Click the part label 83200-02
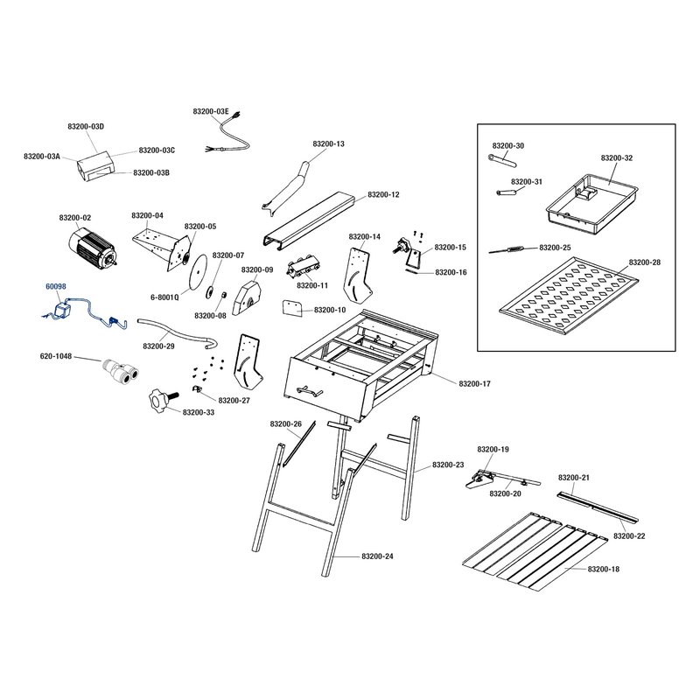click(x=75, y=218)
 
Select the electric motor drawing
click(x=93, y=249)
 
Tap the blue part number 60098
click(x=56, y=286)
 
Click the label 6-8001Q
click(x=164, y=297)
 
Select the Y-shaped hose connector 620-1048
click(x=120, y=369)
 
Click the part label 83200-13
click(x=329, y=143)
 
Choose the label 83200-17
click(x=474, y=383)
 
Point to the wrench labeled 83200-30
click(x=501, y=160)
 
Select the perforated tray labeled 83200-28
click(x=568, y=296)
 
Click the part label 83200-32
click(x=617, y=158)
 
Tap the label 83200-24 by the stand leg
click(x=377, y=556)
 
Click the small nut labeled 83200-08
click(x=225, y=295)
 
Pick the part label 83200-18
click(x=604, y=570)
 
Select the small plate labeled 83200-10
click(x=293, y=308)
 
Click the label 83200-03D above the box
click(x=86, y=126)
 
